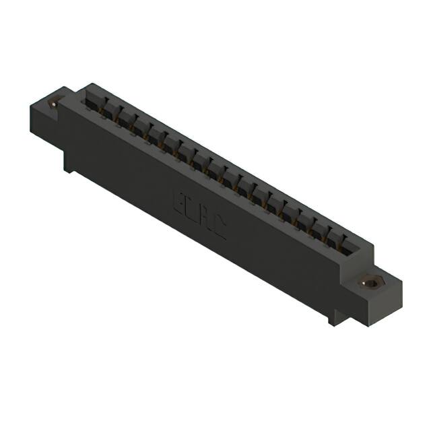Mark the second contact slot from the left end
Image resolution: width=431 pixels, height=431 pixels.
coord(108,110)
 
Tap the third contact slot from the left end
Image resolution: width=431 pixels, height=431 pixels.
coord(125,119)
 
